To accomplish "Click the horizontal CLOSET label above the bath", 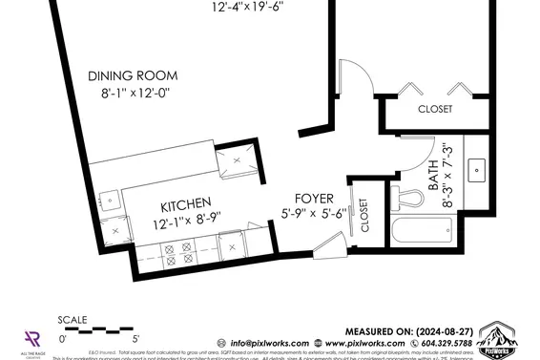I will point(435,109).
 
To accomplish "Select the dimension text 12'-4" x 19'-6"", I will point(248,7).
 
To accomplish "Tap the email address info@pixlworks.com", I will point(262,343).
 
